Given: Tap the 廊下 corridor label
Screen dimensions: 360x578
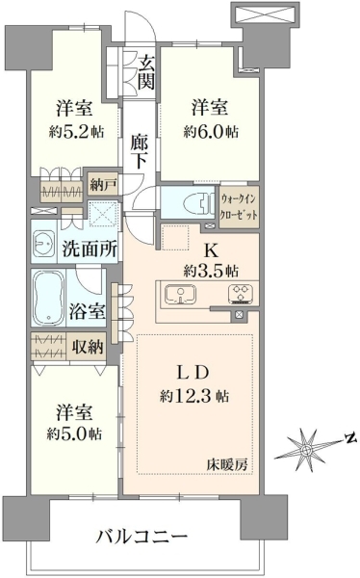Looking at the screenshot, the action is pyautogui.click(x=140, y=151).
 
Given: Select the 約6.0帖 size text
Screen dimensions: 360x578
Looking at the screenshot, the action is pyautogui.click(x=211, y=131).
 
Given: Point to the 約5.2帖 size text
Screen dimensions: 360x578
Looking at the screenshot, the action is pyautogui.click(x=76, y=131).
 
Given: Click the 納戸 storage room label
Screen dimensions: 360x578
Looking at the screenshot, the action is pyautogui.click(x=104, y=185).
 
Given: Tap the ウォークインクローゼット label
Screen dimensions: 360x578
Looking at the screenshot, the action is pyautogui.click(x=239, y=207).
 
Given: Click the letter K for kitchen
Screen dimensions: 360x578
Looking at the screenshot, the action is pyautogui.click(x=212, y=251).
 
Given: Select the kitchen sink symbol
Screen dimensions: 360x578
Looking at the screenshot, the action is pyautogui.click(x=180, y=294).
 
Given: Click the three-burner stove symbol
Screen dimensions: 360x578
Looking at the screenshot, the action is pyautogui.click(x=241, y=295).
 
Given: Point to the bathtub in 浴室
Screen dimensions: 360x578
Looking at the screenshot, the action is pyautogui.click(x=48, y=298).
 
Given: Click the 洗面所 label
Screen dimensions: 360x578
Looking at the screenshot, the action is pyautogui.click(x=90, y=250).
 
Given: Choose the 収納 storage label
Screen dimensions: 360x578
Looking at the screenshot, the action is pyautogui.click(x=88, y=347).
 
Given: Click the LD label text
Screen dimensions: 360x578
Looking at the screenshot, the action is pyautogui.click(x=193, y=373).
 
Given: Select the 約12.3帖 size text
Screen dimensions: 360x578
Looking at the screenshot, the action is pyautogui.click(x=194, y=396).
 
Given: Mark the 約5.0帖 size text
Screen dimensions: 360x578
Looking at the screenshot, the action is pyautogui.click(x=74, y=434).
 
